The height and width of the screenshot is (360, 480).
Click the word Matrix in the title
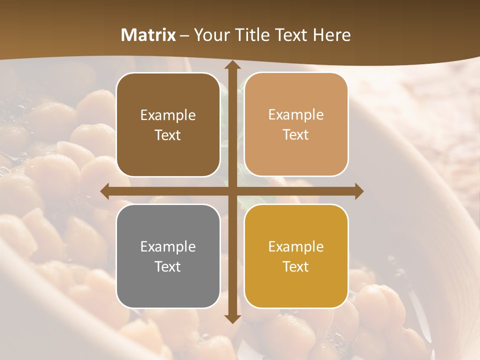tap(148, 35)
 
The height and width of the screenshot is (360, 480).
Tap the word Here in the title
tap(331, 35)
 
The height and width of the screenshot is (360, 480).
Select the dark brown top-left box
tap(168, 124)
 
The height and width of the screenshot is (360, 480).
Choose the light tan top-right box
tap(296, 124)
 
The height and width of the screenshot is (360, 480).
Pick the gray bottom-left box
tap(168, 256)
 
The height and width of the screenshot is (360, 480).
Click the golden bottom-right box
tap(296, 256)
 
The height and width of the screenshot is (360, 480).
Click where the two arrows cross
tap(232, 191)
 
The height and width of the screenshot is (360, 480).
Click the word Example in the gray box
tap(168, 246)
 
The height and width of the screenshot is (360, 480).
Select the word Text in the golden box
tap(296, 266)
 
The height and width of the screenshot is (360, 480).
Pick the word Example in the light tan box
tap(296, 114)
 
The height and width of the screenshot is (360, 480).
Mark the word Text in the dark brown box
tap(168, 135)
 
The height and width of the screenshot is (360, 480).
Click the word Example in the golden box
tap(296, 246)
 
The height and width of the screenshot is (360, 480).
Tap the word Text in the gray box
tap(168, 266)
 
